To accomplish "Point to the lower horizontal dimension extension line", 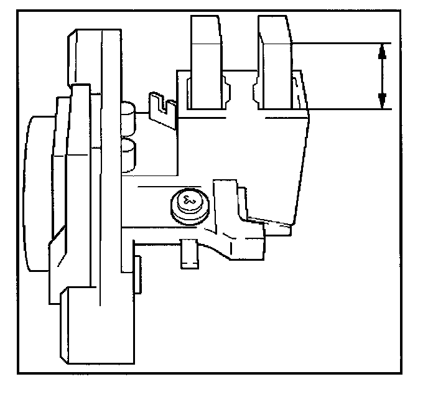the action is pyautogui.click(x=348, y=109).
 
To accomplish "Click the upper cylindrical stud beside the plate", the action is pyautogui.click(x=128, y=115).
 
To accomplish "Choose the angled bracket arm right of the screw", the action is pyautogui.click(x=240, y=224).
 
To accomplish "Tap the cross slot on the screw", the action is pyautogui.click(x=187, y=201).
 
